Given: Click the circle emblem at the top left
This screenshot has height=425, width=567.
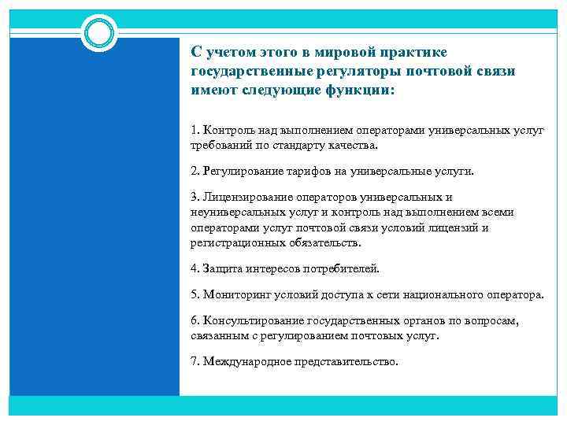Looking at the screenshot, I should point(99,32).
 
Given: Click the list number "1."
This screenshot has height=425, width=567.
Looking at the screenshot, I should point(195,129).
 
